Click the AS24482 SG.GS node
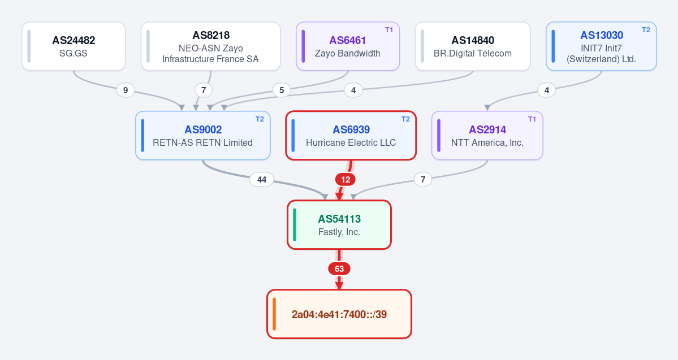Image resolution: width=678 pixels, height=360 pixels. point(74,46)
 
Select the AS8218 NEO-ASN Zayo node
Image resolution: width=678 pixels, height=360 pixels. point(210,46)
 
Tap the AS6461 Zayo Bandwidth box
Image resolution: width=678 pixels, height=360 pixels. point(348,46)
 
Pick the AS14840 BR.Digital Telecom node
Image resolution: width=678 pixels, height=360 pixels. point(473,46)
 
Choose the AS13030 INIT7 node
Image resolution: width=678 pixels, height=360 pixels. point(601,46)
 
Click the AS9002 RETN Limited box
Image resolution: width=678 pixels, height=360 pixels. point(203,136)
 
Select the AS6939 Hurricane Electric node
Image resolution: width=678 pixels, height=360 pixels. point(351,136)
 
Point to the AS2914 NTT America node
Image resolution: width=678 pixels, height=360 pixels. point(487,136)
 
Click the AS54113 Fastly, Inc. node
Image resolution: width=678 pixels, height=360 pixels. point(339,225)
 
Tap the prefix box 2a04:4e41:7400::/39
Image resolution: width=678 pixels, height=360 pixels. point(339,314)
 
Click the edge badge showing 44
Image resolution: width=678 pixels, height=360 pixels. point(262,179)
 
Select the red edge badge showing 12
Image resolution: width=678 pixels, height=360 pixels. point(346,179)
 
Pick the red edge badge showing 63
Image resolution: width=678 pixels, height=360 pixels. point(339,269)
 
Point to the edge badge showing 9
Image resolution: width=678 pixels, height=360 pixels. point(126,90)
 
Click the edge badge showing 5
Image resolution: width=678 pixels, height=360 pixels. point(282,90)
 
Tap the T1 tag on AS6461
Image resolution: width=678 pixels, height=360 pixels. point(389,30)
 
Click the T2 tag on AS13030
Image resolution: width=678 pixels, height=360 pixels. point(646,30)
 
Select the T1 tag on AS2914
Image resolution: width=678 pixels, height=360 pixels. point(532,119)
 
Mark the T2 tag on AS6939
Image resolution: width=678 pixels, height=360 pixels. point(405,119)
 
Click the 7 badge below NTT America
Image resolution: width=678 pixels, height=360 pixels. point(423,179)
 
